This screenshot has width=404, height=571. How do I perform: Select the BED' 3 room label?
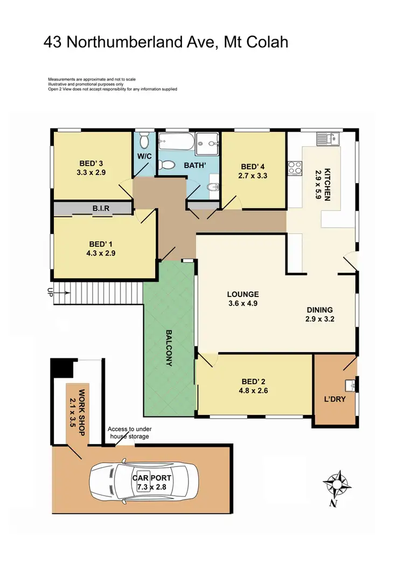90,164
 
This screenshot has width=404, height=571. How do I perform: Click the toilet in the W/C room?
143,142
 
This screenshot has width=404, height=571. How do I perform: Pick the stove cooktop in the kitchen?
295,167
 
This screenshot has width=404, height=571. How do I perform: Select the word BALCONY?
168,348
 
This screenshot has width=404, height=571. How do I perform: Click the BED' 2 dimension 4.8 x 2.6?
250,391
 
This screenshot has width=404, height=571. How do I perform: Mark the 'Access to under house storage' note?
128,432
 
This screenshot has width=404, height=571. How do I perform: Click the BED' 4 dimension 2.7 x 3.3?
253,175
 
